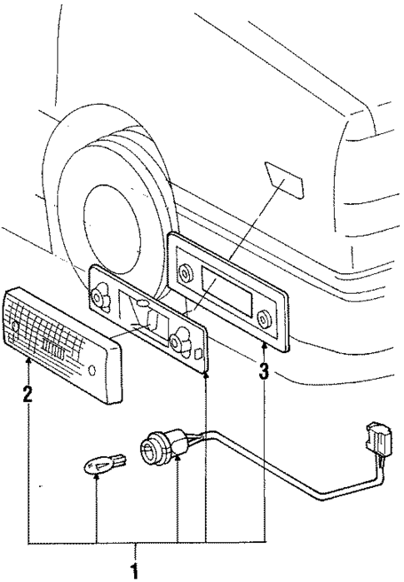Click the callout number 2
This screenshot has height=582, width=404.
(x=27, y=392)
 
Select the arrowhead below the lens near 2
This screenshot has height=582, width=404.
(x=27, y=361)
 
